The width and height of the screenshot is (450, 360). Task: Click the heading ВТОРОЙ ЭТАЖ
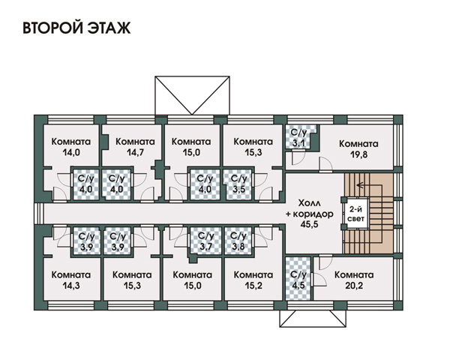(76, 28)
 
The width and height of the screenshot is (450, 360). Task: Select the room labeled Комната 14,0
(71, 147)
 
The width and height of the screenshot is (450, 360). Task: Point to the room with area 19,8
(358, 148)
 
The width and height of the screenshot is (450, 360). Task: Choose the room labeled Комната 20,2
(354, 280)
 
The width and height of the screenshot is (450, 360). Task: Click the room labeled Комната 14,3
(70, 280)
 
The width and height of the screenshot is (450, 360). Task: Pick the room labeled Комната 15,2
(253, 280)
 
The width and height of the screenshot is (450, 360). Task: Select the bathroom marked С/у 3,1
(298, 137)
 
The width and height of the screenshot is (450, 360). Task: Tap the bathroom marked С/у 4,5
(298, 279)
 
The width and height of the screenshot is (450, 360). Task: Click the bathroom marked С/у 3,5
(238, 184)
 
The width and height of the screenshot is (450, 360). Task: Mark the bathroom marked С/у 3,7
(205, 241)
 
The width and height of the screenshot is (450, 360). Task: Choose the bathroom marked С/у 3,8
(238, 241)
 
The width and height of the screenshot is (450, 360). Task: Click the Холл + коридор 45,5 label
(309, 214)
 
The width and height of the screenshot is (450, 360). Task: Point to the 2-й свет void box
(355, 213)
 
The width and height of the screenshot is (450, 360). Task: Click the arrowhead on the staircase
(358, 185)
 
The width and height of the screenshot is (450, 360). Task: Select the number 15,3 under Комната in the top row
(253, 152)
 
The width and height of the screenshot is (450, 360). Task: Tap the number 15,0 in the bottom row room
(192, 286)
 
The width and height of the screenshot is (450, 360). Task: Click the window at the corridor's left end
(39, 214)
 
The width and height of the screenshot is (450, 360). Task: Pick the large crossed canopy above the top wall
(192, 95)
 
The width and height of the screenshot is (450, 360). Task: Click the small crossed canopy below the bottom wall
(313, 319)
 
